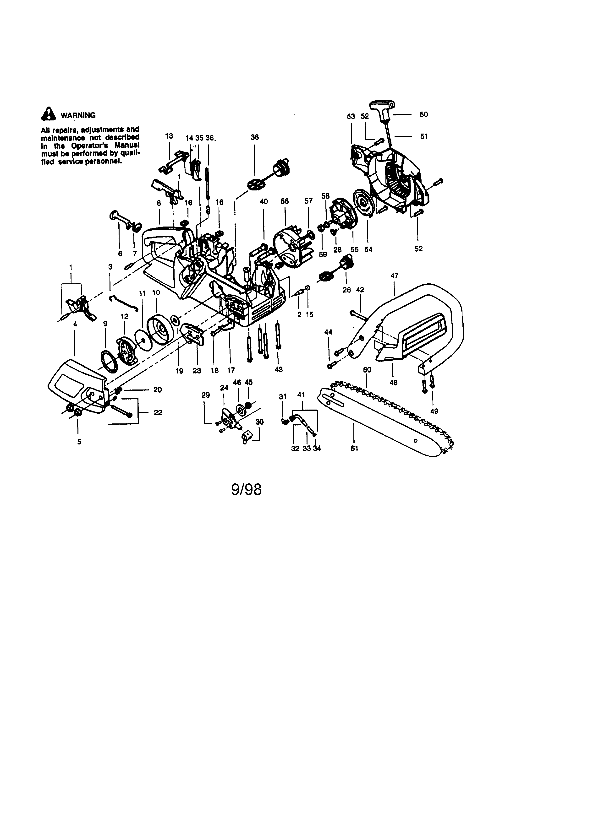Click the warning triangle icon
tap(48, 114)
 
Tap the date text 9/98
tap(247, 490)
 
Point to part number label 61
tap(354, 449)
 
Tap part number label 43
tap(278, 370)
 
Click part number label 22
tap(158, 413)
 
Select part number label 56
tap(285, 201)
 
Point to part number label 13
tap(169, 136)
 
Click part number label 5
tap(79, 442)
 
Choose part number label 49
tap(434, 411)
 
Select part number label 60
tap(367, 370)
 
